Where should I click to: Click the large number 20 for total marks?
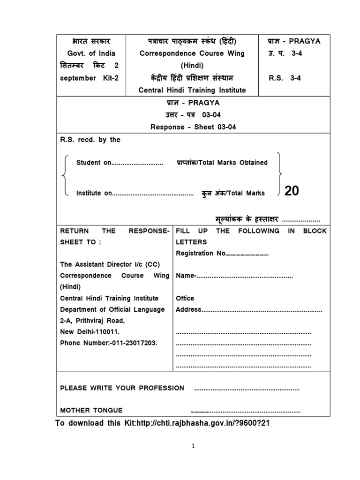click(291, 191)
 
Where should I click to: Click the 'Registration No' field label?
click(201, 254)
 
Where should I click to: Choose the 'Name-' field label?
click(186, 276)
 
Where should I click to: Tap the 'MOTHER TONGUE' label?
click(91, 410)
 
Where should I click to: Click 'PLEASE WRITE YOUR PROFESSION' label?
click(122, 388)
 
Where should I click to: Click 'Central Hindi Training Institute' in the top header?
click(192, 90)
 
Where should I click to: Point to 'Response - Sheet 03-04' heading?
click(192, 127)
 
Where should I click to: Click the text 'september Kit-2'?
click(90, 78)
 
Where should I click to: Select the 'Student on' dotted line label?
click(94, 163)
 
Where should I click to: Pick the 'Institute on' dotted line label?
click(94, 193)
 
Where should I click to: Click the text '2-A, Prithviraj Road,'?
click(92, 321)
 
